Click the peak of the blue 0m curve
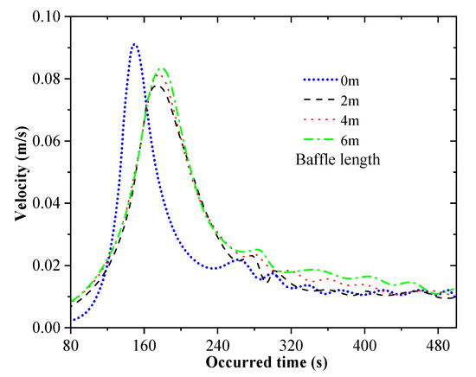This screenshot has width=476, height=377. click(x=134, y=44)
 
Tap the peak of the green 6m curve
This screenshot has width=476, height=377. click(x=160, y=68)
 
